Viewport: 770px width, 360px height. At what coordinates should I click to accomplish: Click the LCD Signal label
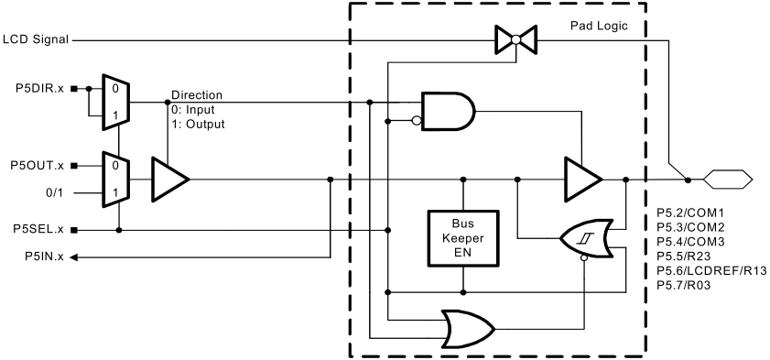(x=36, y=39)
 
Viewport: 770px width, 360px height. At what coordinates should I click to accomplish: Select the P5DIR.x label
(x=38, y=89)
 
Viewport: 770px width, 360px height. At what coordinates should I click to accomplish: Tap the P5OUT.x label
(x=37, y=165)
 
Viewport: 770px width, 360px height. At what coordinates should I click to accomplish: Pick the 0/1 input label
(x=56, y=193)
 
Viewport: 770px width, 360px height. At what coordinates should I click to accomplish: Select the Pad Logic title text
(x=598, y=26)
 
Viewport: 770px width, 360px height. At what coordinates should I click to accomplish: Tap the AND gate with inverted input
(x=447, y=111)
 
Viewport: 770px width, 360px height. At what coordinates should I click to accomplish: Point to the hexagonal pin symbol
(x=726, y=180)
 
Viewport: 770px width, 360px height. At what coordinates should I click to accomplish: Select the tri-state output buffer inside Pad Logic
(x=582, y=180)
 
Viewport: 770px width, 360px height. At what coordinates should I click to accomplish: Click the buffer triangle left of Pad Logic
(x=168, y=180)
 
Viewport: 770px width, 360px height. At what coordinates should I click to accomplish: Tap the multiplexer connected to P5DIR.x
(x=118, y=100)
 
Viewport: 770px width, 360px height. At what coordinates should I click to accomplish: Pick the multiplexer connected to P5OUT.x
(x=118, y=180)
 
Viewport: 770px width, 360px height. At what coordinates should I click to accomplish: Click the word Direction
(x=196, y=95)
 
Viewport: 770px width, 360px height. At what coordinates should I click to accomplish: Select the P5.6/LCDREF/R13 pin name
(x=711, y=272)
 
